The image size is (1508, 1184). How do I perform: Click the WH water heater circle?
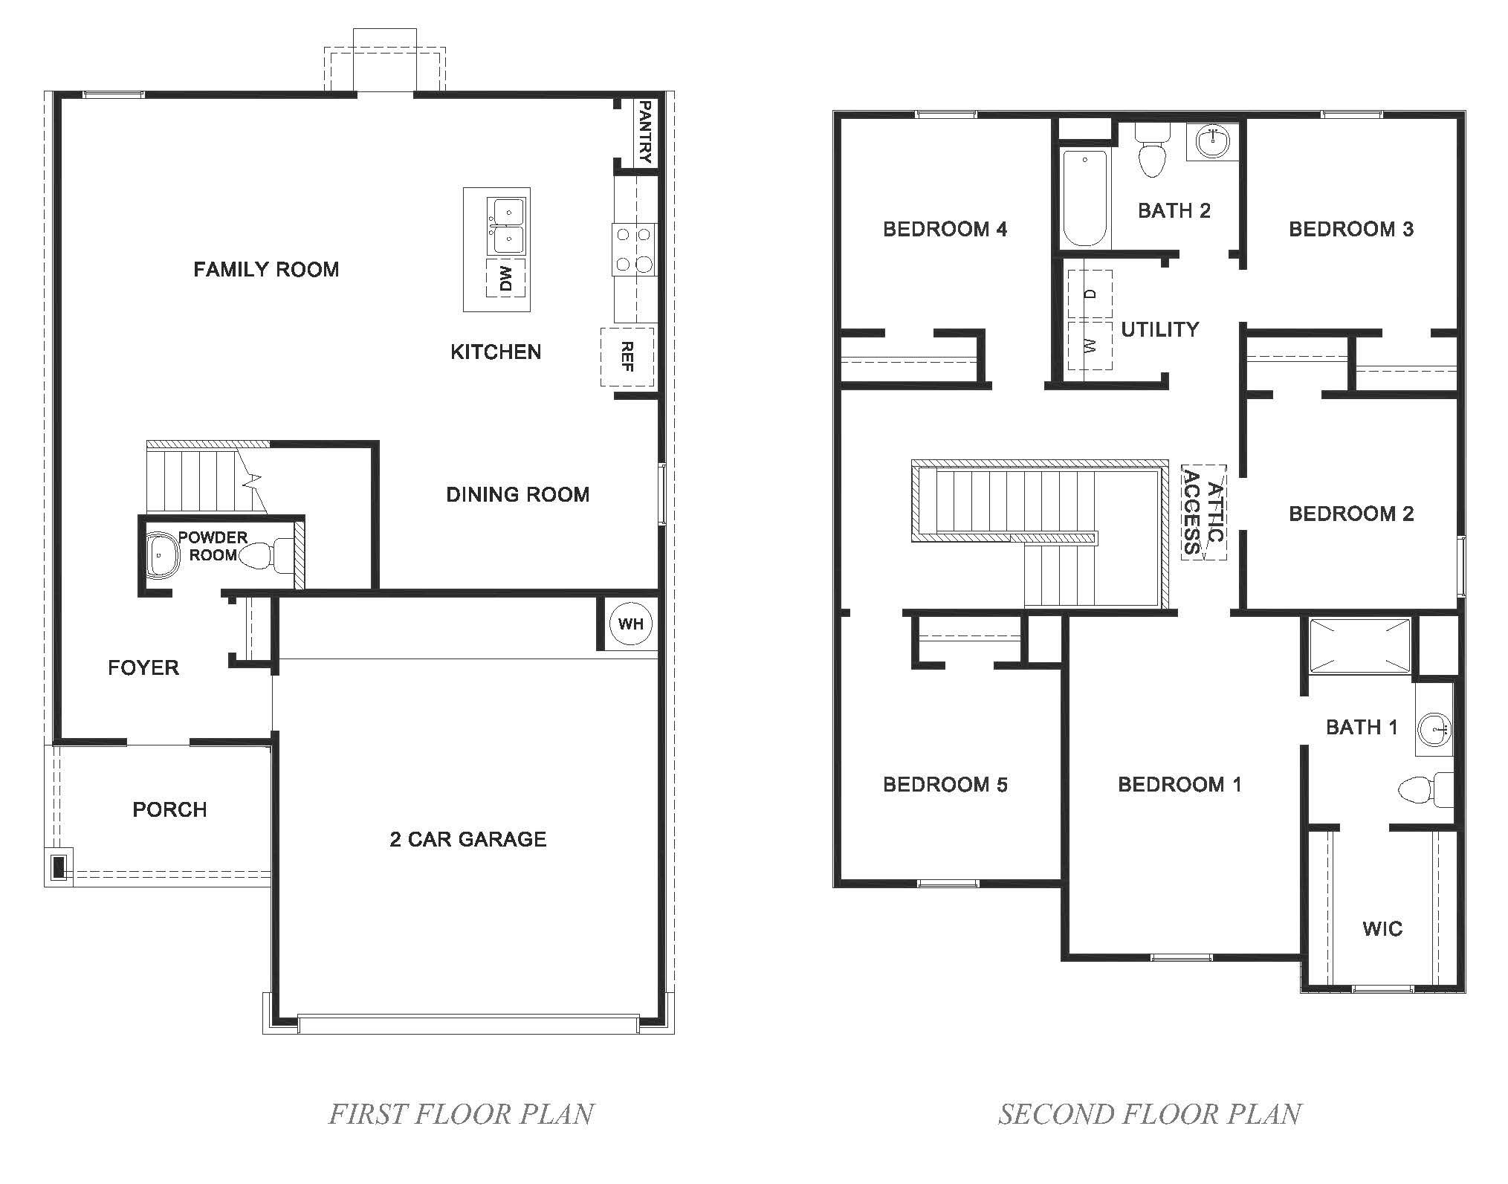coord(631,624)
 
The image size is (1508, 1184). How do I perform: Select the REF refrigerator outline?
coord(627,357)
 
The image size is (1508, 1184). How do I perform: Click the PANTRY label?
coord(644,132)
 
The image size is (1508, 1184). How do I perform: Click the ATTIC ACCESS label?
coord(1203,512)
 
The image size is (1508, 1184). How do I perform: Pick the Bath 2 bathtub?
coord(1086,198)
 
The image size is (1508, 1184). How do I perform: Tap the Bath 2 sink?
coord(1214,140)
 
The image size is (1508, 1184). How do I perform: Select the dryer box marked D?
coord(1090,294)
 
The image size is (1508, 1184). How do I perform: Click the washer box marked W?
coord(1090,345)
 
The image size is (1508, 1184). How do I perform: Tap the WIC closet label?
coord(1382,928)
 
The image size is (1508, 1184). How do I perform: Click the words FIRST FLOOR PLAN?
coord(461,1113)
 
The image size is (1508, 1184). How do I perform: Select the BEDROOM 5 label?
coord(945,784)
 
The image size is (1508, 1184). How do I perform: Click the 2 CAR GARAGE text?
coord(467,839)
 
